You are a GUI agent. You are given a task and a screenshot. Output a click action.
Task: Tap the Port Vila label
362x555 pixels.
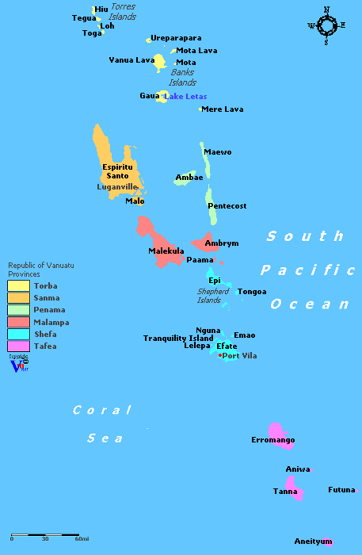click(239, 355)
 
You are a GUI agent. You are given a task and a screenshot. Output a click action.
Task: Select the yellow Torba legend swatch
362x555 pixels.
click(19, 285)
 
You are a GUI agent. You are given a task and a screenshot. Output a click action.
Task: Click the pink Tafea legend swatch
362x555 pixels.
click(19, 346)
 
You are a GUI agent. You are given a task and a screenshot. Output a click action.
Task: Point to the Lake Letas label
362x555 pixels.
click(185, 96)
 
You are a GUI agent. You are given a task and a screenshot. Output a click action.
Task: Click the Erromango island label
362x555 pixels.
click(272, 440)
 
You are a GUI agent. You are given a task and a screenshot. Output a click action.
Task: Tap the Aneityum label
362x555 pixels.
click(313, 542)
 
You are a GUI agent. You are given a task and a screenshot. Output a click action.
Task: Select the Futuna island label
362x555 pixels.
click(341, 490)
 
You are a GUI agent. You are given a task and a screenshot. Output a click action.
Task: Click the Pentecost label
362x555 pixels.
click(227, 206)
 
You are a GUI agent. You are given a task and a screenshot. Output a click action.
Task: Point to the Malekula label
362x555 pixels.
click(166, 251)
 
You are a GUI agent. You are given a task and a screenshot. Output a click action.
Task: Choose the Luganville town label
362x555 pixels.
click(117, 187)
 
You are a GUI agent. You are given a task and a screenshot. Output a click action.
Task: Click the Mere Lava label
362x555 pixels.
click(223, 109)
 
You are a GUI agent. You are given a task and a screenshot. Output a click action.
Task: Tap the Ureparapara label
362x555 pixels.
click(176, 38)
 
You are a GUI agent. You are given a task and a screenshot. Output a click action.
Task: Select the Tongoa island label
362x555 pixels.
click(252, 292)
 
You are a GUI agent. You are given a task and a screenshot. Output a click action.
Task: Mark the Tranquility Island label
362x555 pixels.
click(178, 339)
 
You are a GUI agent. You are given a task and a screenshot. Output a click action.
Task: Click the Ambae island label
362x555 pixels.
click(189, 178)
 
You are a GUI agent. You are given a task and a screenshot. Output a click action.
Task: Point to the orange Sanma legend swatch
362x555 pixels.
click(19, 297)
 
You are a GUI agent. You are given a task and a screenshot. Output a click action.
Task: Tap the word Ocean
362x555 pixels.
click(310, 304)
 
